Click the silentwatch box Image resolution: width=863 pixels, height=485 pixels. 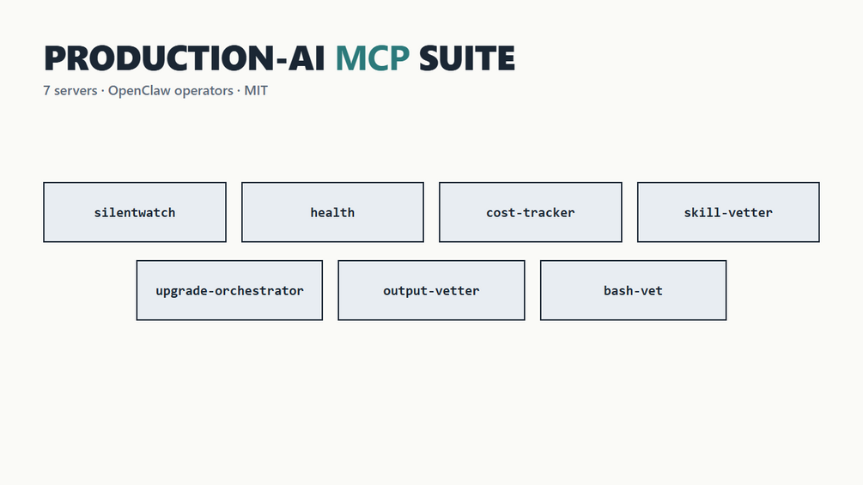coord(135,212)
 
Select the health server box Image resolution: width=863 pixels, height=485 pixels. coord(332,212)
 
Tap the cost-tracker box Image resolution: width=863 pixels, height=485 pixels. coord(531,212)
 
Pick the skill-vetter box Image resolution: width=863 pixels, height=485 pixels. coord(728,212)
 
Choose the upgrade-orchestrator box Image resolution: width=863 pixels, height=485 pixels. coord(229,290)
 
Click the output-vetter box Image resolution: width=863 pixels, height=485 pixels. coord(431,290)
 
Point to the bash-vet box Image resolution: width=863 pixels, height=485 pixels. coord(633,290)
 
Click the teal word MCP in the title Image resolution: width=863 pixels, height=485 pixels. coord(373,58)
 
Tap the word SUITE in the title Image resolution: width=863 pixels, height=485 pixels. coord(467,58)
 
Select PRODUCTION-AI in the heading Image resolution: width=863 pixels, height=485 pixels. coord(185,58)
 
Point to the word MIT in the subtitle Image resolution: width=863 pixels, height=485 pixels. coord(256,91)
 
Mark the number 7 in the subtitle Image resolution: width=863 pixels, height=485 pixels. coord(46,91)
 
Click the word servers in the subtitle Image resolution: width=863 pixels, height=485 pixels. coord(76,91)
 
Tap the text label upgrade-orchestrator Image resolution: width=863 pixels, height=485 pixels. coord(229,291)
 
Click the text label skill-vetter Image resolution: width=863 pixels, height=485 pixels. coord(728,212)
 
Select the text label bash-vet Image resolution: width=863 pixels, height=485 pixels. coord(633,290)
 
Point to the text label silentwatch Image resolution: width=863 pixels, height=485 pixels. coord(135,212)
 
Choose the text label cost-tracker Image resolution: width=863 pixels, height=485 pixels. coord(531,212)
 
